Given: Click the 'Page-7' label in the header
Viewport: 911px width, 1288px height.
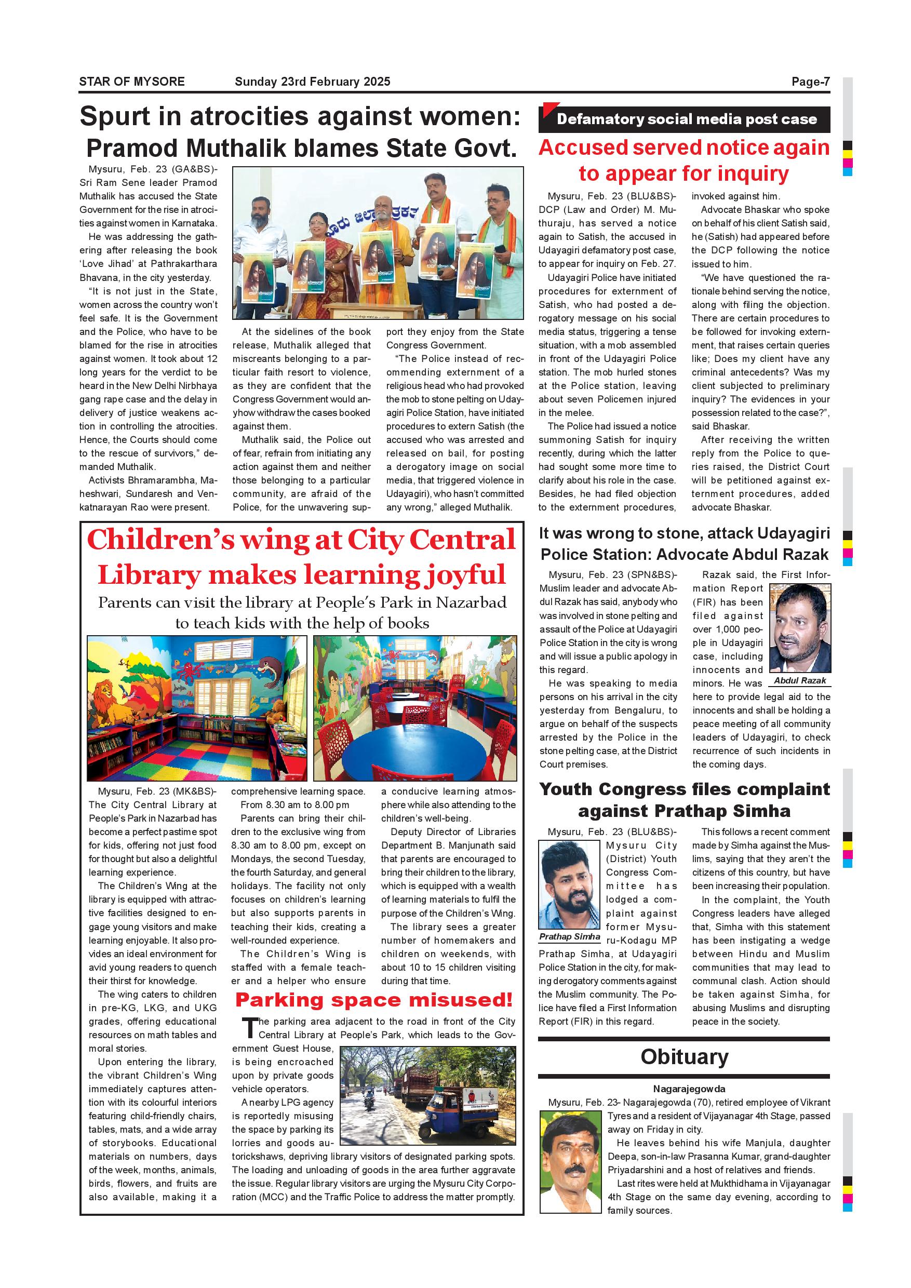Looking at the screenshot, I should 810,82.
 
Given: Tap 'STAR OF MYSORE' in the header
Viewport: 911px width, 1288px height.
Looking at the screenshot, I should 132,82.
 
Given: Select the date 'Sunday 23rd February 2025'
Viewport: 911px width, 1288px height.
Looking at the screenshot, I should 313,82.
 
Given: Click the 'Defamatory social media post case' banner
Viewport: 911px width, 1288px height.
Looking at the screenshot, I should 686,119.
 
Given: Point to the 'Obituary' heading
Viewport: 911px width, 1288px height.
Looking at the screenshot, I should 684,1057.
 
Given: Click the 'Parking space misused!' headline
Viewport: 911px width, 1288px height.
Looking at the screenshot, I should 373,1000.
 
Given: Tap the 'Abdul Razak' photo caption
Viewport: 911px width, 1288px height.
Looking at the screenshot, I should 800,680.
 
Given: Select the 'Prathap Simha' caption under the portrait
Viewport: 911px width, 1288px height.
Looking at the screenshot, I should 569,936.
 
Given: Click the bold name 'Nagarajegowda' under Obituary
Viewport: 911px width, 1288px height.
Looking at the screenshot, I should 689,1089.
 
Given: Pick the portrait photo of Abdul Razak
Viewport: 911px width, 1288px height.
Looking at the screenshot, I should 800,628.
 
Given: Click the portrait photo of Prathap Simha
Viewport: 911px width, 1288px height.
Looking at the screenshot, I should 569,884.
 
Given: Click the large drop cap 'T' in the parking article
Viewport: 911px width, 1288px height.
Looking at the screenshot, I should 250,1028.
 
